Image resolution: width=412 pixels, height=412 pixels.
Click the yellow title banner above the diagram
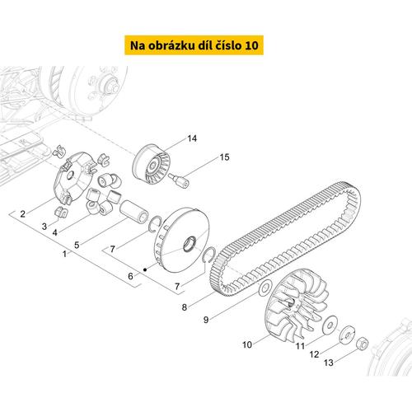[x=194, y=45]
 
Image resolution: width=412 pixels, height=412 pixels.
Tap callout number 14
[x=192, y=138]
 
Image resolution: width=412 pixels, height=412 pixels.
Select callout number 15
[x=224, y=157]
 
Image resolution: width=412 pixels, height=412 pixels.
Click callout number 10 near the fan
[x=247, y=344]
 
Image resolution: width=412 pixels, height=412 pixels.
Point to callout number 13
[x=329, y=363]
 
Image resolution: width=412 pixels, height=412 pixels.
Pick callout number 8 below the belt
[x=185, y=307]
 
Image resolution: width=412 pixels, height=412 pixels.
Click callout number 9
[x=206, y=320]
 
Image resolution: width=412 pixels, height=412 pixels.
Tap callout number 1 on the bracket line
[x=64, y=254]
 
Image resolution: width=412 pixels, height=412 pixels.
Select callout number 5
[x=77, y=245]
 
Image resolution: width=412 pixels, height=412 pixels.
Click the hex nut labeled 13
[x=362, y=344]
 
